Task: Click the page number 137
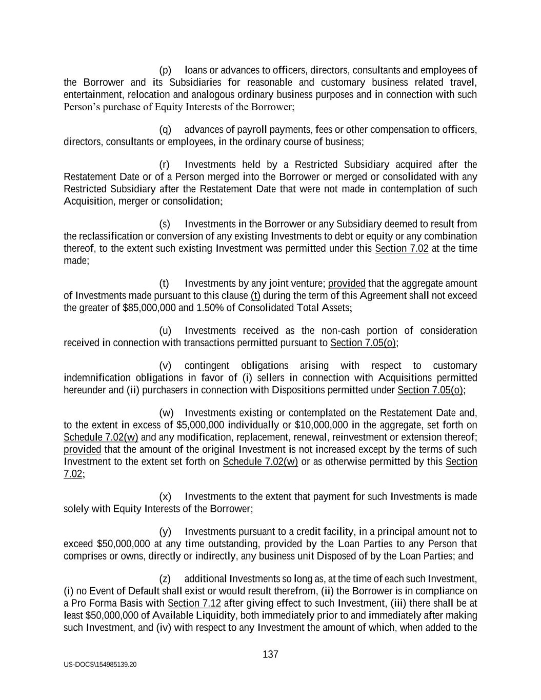[x=270, y=654]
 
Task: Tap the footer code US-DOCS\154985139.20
[x=101, y=665]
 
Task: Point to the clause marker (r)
[x=165, y=165]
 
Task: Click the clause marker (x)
[x=165, y=496]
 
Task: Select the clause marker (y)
[x=165, y=531]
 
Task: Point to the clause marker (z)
[x=165, y=579]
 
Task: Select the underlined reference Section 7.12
[x=194, y=603]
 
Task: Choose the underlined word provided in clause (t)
[x=347, y=284]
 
